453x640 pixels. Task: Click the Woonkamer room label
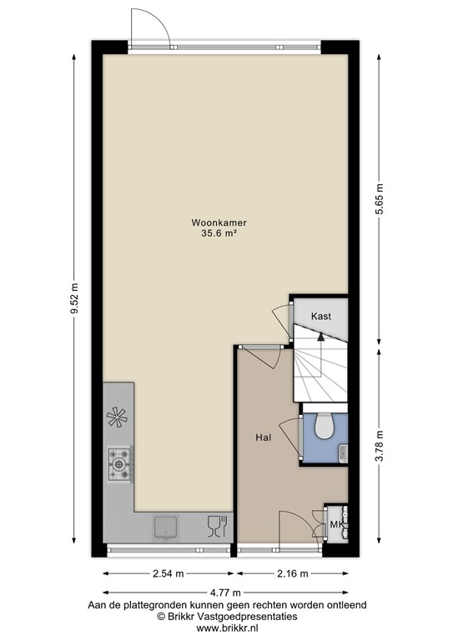point(223,222)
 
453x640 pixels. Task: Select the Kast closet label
point(321,317)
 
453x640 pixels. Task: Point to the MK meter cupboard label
point(336,524)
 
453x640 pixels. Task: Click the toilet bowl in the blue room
point(324,426)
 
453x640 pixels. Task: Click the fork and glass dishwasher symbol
point(216,526)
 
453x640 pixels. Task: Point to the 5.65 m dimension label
point(380,199)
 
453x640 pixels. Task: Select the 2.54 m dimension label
point(170,573)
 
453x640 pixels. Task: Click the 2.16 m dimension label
point(292,573)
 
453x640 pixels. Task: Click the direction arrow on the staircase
point(321,337)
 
